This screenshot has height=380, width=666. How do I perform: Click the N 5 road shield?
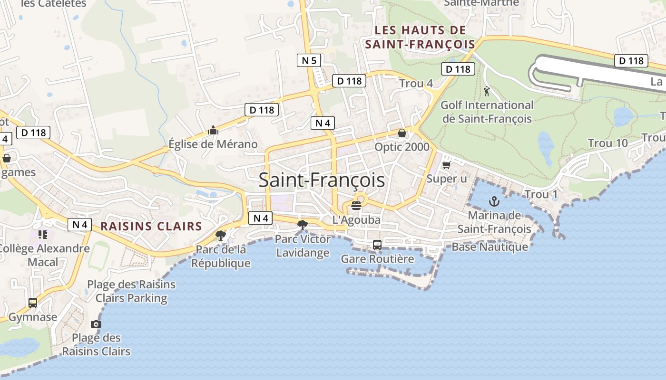309,60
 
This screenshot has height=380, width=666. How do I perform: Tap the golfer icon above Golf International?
486,91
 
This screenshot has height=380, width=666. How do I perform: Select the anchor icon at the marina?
494,202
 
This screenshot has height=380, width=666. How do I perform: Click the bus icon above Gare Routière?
377,245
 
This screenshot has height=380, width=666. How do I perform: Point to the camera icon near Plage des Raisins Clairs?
96,324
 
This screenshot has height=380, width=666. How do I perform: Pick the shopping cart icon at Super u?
446,165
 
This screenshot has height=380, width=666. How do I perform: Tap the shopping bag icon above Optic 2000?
402,133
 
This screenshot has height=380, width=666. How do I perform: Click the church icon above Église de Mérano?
213,130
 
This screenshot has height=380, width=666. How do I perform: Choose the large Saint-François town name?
322,180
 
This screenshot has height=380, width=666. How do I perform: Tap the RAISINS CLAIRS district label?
151,226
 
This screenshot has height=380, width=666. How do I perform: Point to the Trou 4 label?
416,84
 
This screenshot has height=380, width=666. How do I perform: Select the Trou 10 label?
607,143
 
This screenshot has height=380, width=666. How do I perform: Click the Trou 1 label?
541,194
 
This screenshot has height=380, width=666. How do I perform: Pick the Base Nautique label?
490,247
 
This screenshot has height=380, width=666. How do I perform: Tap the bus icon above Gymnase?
33,303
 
